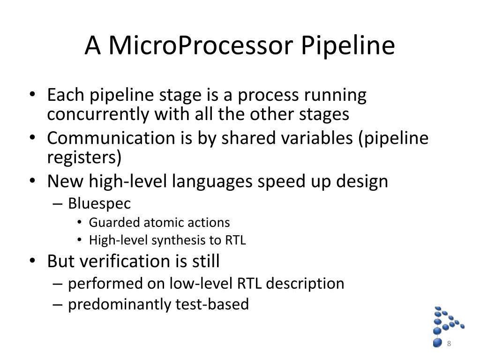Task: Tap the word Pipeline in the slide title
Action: pos(347,46)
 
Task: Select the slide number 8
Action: pos(449,344)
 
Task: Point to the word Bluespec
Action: pos(99,203)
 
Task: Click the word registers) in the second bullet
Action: pos(84,157)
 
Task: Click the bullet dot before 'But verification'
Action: pos(32,261)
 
